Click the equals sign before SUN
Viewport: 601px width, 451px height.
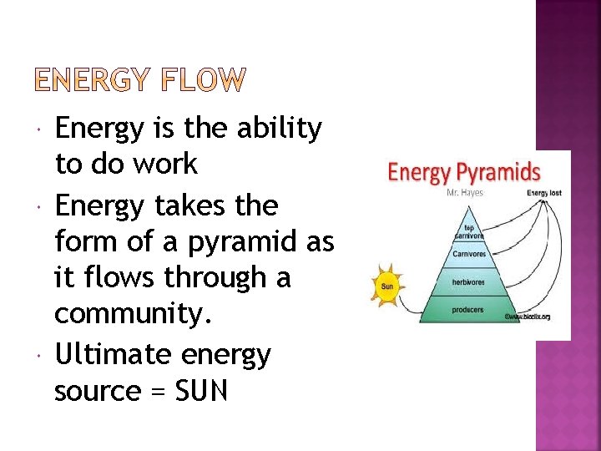coord(155,391)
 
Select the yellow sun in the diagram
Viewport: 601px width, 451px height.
coord(386,286)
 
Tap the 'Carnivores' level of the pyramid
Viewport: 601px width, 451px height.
coord(469,254)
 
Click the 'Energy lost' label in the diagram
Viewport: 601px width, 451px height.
coord(544,194)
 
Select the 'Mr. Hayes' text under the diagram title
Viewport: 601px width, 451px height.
coord(465,193)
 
